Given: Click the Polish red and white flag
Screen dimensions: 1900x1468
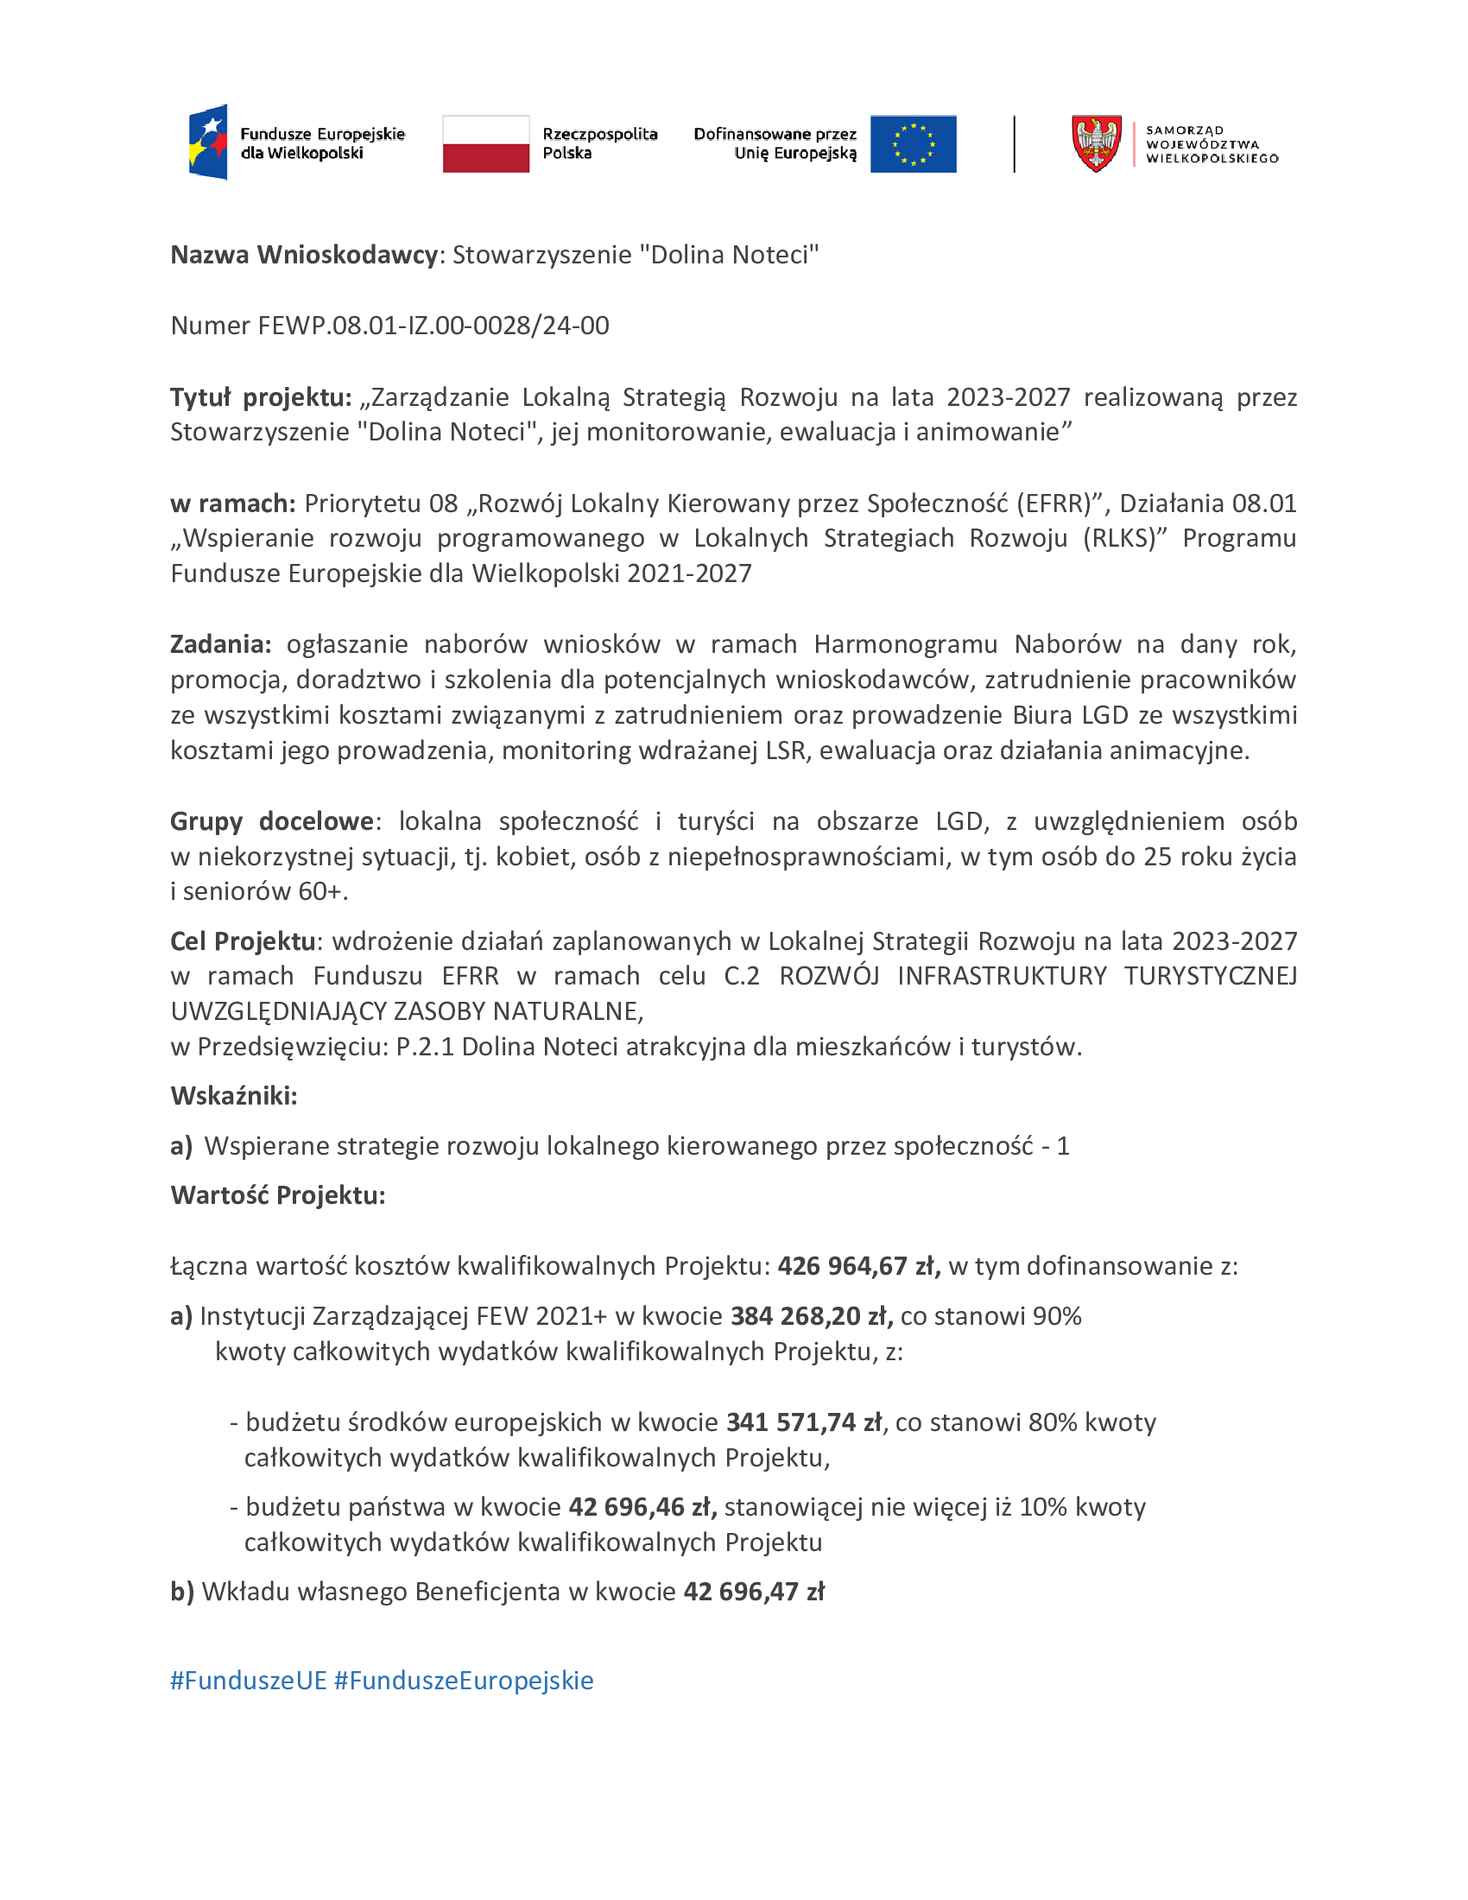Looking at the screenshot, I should [485, 143].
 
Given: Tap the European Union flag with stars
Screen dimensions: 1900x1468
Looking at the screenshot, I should [913, 143].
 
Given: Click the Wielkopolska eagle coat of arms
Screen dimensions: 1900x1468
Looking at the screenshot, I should [1096, 143].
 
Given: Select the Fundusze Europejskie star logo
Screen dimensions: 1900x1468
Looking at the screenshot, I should [209, 142].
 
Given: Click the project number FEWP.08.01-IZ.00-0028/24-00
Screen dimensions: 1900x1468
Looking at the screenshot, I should [433, 326].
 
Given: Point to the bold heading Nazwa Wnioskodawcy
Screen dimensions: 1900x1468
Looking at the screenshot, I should [303, 255].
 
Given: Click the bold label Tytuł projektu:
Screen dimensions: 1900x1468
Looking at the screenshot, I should [260, 397].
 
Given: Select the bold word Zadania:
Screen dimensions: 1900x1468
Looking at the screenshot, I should [221, 644].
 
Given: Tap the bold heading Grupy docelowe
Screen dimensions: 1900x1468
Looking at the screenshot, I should [271, 821].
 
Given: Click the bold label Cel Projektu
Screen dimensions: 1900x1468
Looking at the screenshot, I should [243, 941].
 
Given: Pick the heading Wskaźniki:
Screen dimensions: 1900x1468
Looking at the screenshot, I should [234, 1096].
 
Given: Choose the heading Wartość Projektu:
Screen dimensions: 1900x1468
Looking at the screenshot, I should [277, 1195].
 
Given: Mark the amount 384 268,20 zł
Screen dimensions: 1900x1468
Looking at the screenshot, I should [812, 1316].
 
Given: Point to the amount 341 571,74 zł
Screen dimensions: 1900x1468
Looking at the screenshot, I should [805, 1422].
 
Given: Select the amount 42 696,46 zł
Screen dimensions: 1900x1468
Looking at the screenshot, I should [642, 1507].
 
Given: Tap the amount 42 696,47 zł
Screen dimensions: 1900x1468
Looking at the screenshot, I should [754, 1591].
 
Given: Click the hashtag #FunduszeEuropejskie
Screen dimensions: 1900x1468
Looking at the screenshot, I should [464, 1680].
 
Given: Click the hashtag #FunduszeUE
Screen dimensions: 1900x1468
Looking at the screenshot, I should [248, 1680].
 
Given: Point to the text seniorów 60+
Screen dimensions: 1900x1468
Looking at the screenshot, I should [263, 892].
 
